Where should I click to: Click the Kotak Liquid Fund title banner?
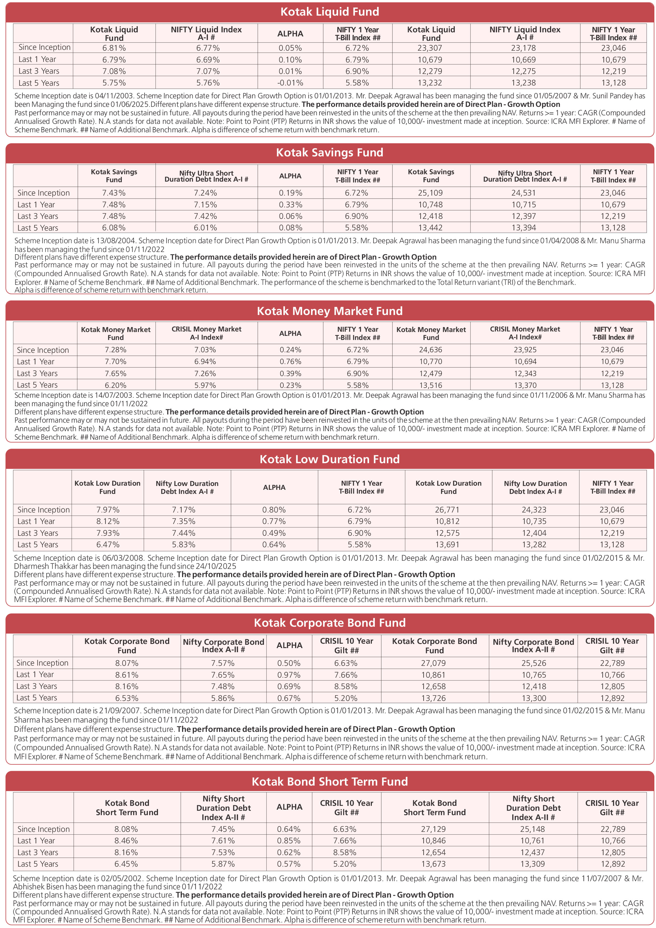[x=330, y=12]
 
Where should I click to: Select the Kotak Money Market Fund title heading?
[x=330, y=311]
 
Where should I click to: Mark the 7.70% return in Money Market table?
[x=116, y=361]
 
